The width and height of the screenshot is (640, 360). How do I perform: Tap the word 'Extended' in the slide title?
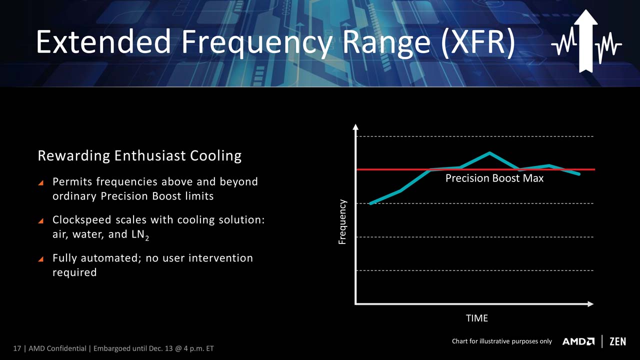(103, 41)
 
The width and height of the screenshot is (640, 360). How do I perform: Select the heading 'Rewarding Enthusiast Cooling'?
(139, 156)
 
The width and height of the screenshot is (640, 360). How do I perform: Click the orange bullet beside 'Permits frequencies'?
(41, 182)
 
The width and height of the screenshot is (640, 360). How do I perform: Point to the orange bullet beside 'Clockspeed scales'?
(41, 220)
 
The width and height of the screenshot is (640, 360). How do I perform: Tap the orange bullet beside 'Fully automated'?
(41, 259)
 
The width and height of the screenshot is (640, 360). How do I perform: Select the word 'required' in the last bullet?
(74, 273)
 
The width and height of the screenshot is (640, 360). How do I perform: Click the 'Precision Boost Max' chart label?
(494, 178)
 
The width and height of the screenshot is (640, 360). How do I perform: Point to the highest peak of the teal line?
(489, 153)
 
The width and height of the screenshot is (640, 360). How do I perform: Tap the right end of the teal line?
(579, 173)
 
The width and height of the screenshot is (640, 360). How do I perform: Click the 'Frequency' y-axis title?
(342, 222)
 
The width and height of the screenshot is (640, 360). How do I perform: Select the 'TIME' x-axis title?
(477, 318)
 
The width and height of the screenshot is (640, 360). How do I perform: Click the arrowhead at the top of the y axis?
(355, 127)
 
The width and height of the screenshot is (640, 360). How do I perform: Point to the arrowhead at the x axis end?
(590, 304)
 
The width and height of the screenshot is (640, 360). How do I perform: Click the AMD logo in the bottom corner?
(578, 341)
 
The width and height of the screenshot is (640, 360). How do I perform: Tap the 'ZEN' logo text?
(617, 341)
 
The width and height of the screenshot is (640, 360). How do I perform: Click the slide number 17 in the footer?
(17, 348)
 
